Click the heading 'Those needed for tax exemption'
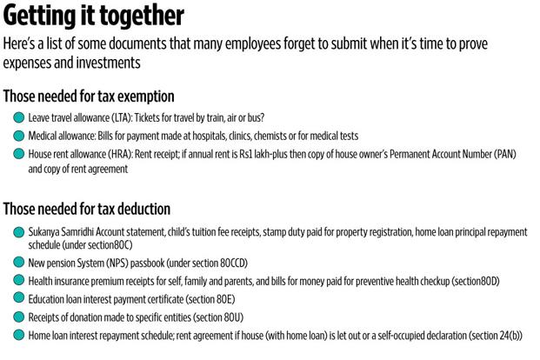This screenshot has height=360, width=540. coord(89,97)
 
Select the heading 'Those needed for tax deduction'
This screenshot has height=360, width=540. coord(87,209)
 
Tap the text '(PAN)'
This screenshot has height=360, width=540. coord(511,154)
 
